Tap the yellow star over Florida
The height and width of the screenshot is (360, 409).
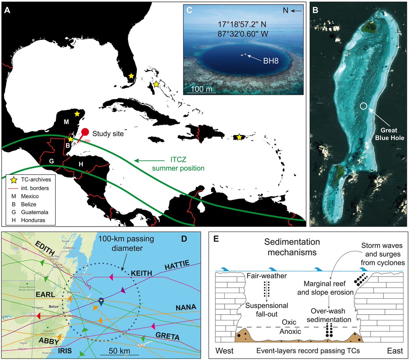coord(131,76)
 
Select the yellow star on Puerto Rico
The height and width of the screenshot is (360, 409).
coord(239,137)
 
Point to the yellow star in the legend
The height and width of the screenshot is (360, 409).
coord(14,179)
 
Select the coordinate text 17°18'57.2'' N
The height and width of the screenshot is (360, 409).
coord(243,25)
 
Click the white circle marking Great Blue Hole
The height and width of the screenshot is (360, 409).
coord(364,106)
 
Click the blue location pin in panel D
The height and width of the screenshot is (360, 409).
coord(101,300)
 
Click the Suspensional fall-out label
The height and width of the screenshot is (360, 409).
coord(267,309)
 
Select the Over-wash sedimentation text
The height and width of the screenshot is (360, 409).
coord(331,315)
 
